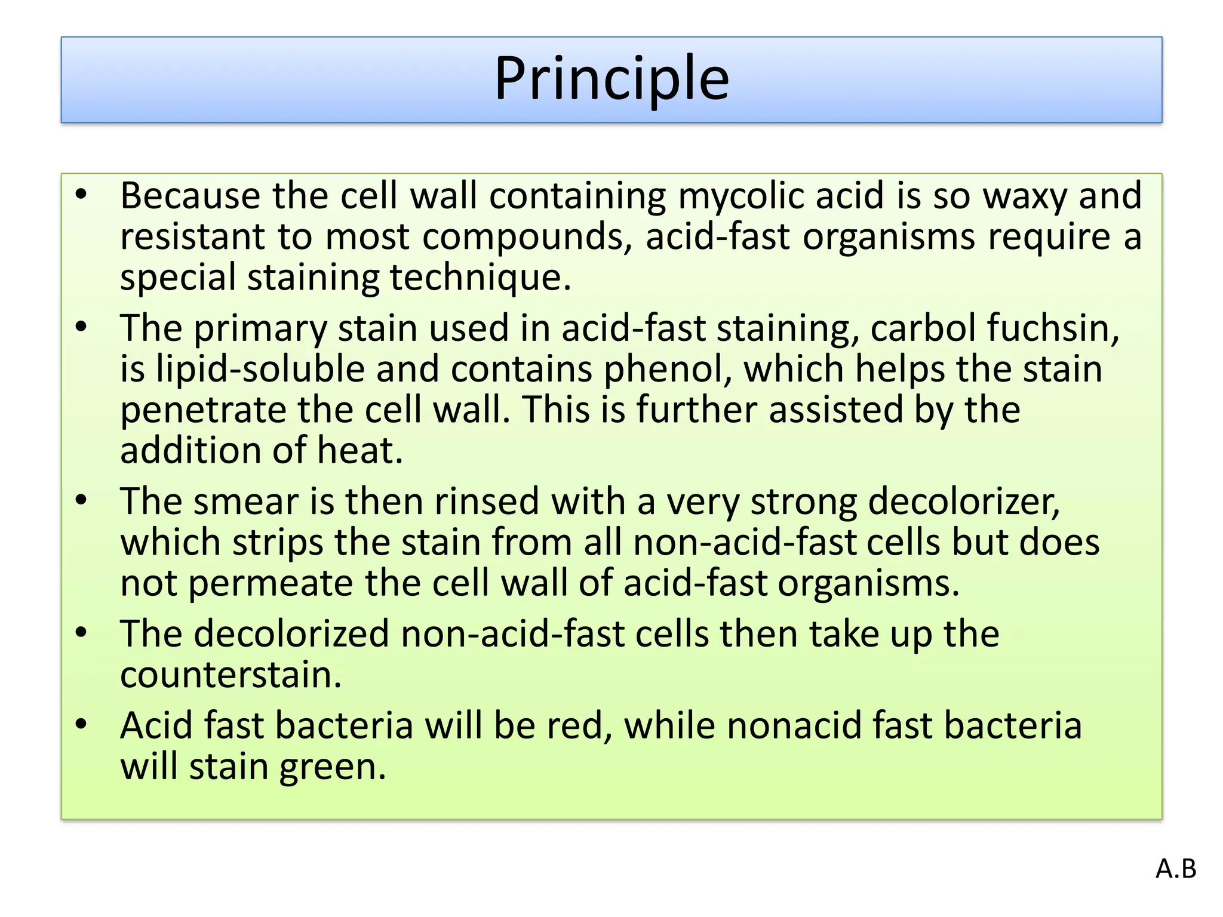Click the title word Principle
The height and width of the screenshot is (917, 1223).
pyautogui.click(x=611, y=79)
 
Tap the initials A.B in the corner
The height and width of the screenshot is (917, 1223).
pyautogui.click(x=1176, y=869)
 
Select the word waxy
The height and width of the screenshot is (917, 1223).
pyautogui.click(x=1025, y=196)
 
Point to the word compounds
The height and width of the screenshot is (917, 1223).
pyautogui.click(x=527, y=237)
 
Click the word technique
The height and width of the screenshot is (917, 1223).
pyautogui.click(x=480, y=278)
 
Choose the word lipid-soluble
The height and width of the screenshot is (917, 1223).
pyautogui.click(x=260, y=369)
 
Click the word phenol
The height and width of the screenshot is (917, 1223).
pyautogui.click(x=668, y=369)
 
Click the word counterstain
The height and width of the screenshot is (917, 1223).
pyautogui.click(x=231, y=675)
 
